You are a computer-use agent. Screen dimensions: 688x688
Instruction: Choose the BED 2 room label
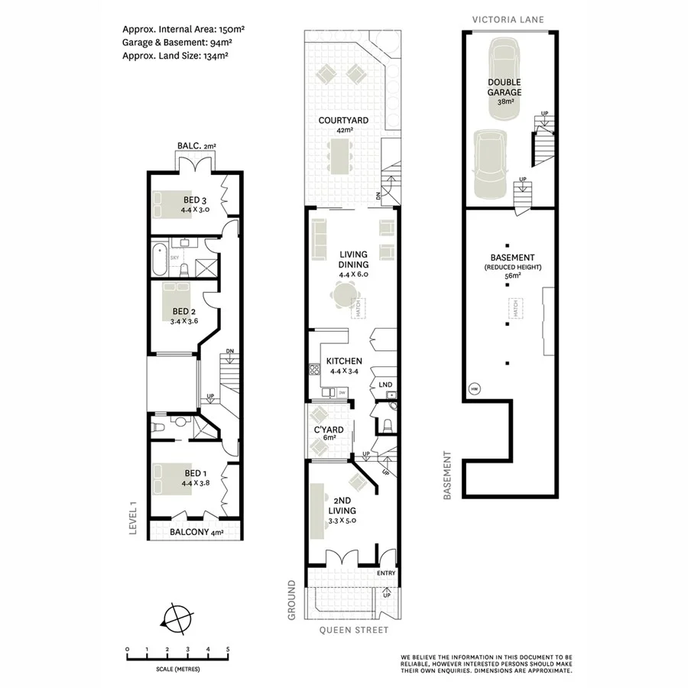(x=184, y=312)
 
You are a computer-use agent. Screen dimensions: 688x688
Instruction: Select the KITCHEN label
(x=344, y=362)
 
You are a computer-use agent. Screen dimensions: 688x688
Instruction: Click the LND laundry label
(x=385, y=385)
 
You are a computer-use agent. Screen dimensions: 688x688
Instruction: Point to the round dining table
(x=345, y=294)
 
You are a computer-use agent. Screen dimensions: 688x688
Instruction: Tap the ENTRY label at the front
(x=386, y=573)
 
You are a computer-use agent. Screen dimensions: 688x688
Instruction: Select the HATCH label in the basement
(x=515, y=308)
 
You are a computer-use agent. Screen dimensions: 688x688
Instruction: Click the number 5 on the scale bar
(x=228, y=649)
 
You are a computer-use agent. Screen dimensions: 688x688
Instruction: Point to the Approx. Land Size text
(x=175, y=55)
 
